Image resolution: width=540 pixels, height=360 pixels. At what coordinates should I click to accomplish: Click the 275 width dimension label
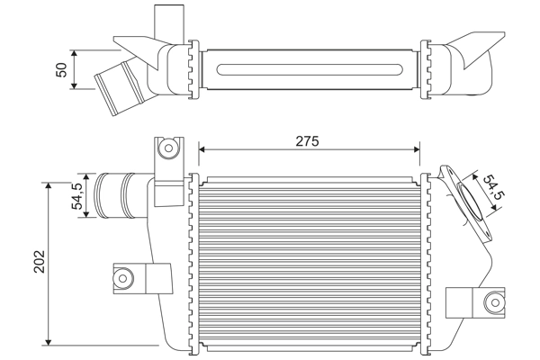tap(307, 140)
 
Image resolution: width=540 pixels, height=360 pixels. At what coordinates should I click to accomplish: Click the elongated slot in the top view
tap(310, 67)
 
